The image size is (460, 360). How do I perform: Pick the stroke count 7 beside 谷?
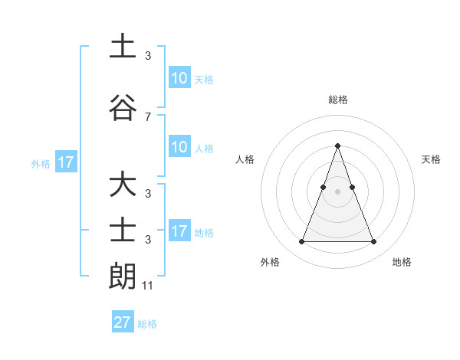click(147, 116)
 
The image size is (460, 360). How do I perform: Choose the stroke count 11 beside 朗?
click(148, 286)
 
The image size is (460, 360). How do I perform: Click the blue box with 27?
click(122, 322)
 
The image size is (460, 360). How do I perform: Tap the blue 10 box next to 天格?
click(179, 78)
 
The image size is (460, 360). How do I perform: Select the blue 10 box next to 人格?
click(179, 147)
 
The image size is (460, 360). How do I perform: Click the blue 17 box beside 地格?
click(179, 231)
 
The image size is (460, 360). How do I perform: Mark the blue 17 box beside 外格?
click(65, 162)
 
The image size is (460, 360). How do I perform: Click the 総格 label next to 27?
click(147, 324)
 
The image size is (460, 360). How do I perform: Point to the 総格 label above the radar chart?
click(337, 100)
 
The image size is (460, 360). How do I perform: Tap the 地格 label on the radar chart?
click(402, 262)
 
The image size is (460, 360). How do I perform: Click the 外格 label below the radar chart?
click(270, 262)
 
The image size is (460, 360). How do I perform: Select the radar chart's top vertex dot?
click(337, 146)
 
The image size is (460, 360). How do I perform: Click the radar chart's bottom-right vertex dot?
click(373, 242)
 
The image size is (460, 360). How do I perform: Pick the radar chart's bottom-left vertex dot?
click(301, 242)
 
